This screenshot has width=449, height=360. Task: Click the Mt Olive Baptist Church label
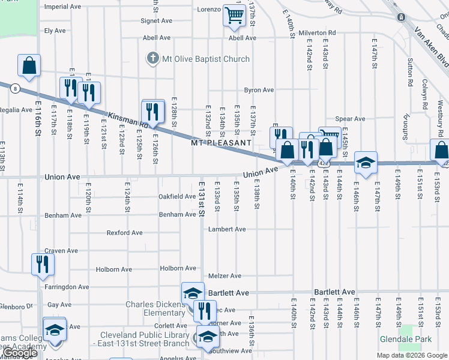tap(205, 59)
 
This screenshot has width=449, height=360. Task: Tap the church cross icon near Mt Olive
tap(152, 59)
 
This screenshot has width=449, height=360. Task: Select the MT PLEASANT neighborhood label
tap(221, 143)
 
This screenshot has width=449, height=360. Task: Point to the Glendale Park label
tap(406, 339)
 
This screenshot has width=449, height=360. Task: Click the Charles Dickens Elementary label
tap(155, 308)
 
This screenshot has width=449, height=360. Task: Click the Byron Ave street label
tap(259, 90)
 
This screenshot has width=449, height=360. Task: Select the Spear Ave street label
tap(351, 119)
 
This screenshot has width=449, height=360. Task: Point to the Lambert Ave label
tap(227, 229)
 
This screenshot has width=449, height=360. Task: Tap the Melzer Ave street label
tap(224, 276)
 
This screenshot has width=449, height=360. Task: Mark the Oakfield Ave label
tap(176, 196)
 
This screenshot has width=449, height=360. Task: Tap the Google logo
tap(20, 353)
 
